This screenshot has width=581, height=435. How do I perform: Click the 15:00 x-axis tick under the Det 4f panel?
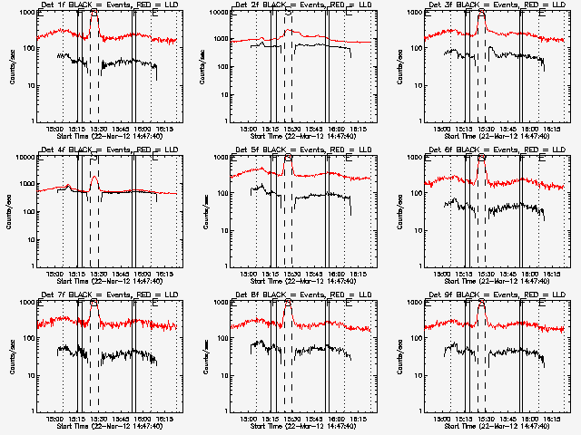point(56,274)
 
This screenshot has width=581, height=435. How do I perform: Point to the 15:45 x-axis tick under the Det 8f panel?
point(327,419)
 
